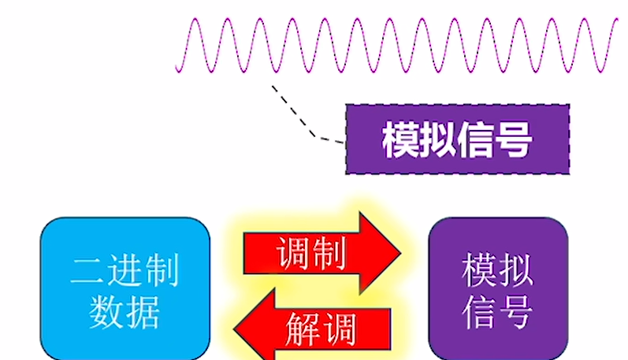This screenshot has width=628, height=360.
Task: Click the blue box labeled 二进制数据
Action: point(124,288)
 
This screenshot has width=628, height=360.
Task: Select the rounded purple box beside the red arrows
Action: point(497,288)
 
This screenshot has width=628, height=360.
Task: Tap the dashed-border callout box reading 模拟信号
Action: point(457,139)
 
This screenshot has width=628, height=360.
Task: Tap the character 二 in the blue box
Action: point(87,270)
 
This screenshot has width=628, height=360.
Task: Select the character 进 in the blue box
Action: point(124,270)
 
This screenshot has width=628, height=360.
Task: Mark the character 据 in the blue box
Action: point(143,310)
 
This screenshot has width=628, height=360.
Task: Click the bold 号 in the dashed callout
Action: point(514,140)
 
